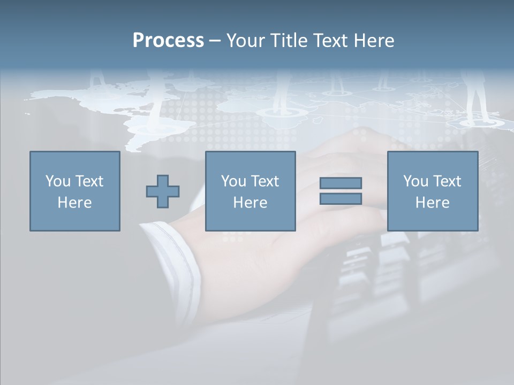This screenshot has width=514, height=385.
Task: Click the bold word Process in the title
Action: (x=168, y=41)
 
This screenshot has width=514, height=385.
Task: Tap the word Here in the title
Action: (x=373, y=41)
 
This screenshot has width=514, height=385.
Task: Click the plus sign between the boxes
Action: (x=163, y=191)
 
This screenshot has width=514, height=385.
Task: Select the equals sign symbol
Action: (x=341, y=191)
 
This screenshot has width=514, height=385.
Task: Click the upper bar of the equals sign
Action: (x=341, y=183)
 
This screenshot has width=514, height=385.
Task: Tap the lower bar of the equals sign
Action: (x=341, y=198)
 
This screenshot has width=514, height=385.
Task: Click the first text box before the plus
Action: (x=74, y=191)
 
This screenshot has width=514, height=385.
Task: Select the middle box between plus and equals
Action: (x=250, y=191)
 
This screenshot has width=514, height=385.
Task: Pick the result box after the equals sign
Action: (x=432, y=191)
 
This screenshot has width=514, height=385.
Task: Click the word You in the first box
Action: (x=57, y=181)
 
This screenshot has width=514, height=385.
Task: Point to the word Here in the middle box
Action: (x=250, y=203)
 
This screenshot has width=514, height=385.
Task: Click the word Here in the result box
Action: (x=432, y=203)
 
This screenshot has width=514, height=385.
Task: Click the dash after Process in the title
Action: (x=215, y=41)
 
